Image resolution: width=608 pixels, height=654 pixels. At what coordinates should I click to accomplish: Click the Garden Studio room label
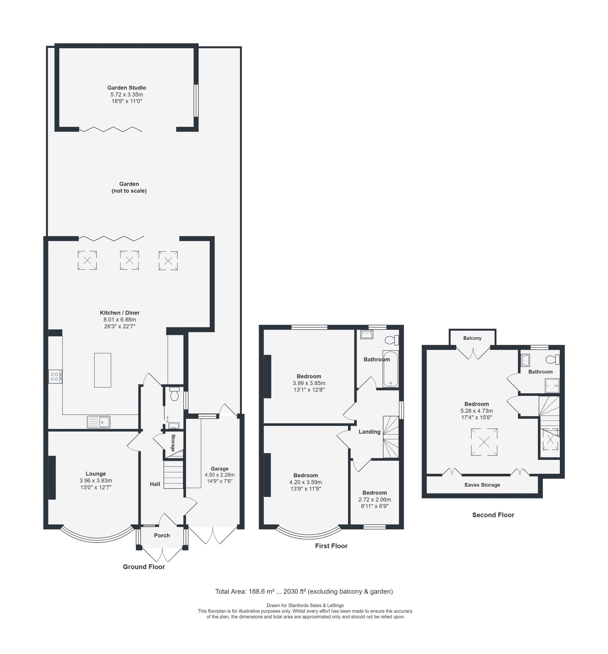(x=127, y=88)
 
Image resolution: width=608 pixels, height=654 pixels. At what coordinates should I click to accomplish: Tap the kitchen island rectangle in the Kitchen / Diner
(x=103, y=370)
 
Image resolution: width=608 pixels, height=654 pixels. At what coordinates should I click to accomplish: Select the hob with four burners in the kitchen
(x=55, y=377)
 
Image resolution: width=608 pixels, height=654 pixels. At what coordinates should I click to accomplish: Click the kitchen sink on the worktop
(x=99, y=422)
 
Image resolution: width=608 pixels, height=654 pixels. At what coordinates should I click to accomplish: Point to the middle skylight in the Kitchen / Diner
(x=129, y=260)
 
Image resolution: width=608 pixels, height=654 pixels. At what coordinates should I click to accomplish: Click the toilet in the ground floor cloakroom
(x=174, y=394)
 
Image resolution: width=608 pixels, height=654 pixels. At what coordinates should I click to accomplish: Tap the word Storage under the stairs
(x=173, y=443)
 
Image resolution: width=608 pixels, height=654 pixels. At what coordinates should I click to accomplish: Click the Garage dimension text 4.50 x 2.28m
(x=219, y=475)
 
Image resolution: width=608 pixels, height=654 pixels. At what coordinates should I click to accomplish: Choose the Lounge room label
(x=96, y=474)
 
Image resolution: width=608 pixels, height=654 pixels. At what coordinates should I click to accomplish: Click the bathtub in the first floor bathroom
(x=391, y=369)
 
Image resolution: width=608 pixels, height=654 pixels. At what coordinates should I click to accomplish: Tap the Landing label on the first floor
(x=369, y=432)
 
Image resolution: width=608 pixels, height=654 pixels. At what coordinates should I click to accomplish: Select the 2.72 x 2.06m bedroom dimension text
(x=375, y=499)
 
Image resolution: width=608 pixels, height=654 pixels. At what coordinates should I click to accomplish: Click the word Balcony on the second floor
(x=472, y=338)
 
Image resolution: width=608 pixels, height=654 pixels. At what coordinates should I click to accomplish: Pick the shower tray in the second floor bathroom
(x=552, y=386)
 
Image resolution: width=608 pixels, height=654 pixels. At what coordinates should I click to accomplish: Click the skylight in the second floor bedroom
(x=484, y=442)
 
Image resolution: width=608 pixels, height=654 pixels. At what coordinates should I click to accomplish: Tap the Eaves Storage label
(x=482, y=485)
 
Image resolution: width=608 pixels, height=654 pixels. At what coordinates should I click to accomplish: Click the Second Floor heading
(x=493, y=515)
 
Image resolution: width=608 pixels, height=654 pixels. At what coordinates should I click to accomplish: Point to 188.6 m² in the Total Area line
(x=261, y=591)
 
